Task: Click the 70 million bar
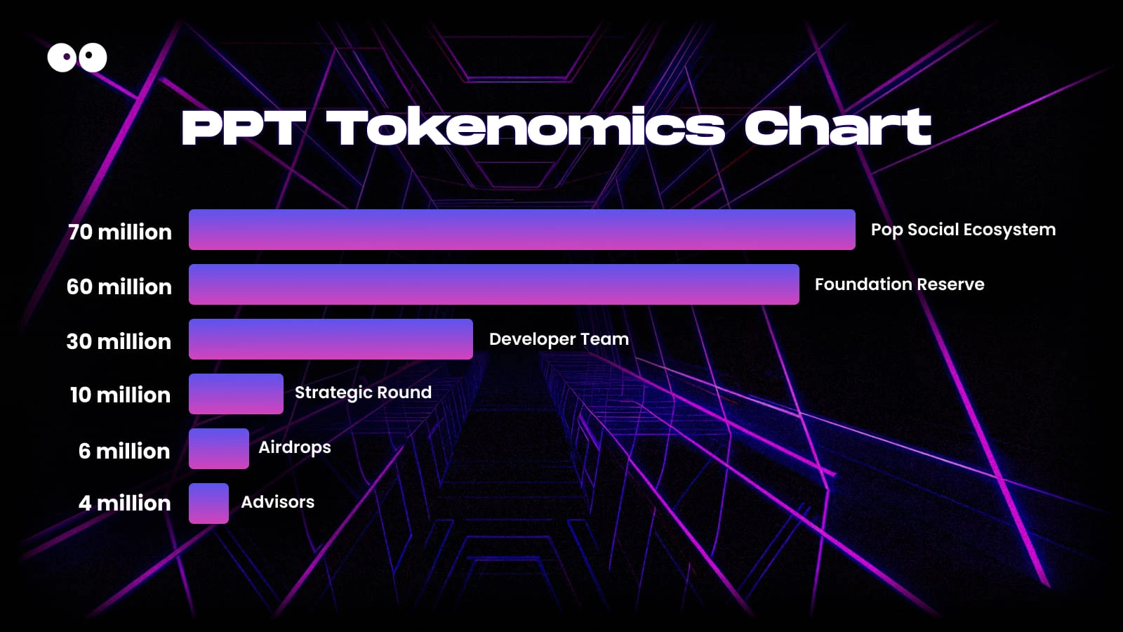pos(521,230)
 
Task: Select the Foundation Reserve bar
pos(493,284)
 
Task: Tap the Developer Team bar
pos(331,339)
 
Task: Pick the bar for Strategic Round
pos(236,394)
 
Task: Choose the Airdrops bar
pos(219,449)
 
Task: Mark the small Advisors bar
pos(208,503)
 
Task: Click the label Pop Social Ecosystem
pos(963,230)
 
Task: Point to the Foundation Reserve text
pos(899,284)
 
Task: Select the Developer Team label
pos(559,339)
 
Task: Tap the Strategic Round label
pos(363,393)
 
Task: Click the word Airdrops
pos(294,447)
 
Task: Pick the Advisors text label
pos(277,502)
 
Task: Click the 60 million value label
pos(119,287)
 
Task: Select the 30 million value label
pos(119,341)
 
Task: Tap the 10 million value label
pos(120,395)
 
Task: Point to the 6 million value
pos(124,451)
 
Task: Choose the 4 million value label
pos(124,503)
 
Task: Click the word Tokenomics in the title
pos(525,128)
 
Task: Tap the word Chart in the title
pos(837,128)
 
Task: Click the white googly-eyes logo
pos(77,58)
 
